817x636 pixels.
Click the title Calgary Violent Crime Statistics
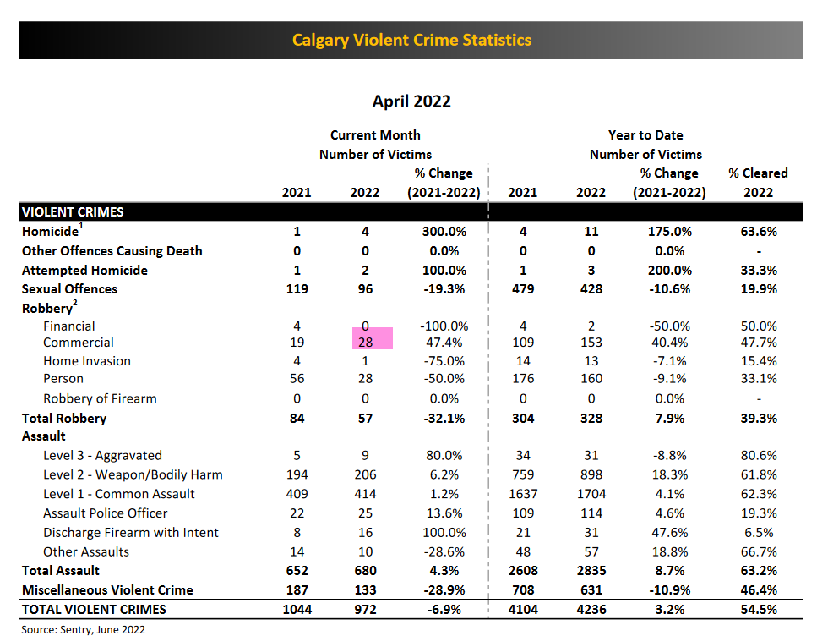411,40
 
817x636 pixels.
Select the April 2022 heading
411,101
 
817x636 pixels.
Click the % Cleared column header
758,173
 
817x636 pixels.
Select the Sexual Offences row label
70,289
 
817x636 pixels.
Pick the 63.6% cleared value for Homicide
758,231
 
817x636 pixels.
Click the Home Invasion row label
87,361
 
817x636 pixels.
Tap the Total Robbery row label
64,419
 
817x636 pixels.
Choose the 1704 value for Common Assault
591,494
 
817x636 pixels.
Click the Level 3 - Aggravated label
102,456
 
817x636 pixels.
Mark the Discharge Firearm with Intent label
131,533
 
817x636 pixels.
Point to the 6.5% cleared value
758,533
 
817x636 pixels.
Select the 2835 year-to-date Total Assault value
591,571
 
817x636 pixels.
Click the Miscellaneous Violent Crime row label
107,590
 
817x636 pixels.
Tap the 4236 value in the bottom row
591,609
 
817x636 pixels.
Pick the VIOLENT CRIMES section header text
72,212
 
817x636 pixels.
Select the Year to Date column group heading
645,135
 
